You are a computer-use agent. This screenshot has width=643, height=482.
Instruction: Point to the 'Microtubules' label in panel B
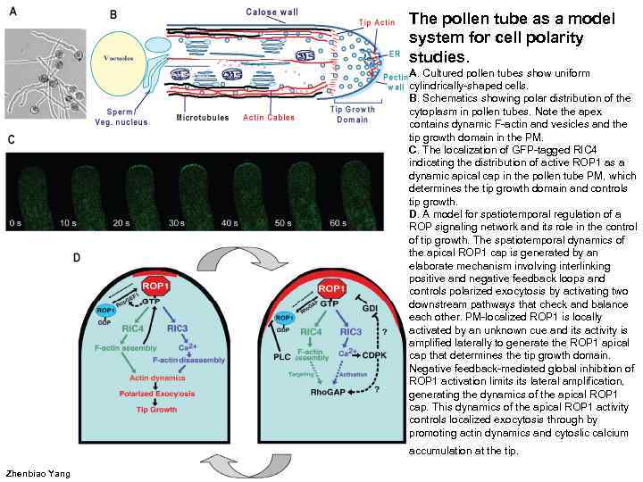pyautogui.click(x=203, y=117)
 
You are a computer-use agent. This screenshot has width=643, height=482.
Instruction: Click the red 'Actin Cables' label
pyautogui.click(x=271, y=117)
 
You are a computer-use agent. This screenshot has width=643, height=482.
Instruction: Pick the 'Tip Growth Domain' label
pyautogui.click(x=354, y=114)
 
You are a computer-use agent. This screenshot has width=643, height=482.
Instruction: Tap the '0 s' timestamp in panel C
pyautogui.click(x=15, y=221)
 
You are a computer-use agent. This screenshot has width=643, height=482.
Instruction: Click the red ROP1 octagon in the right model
pyautogui.click(x=331, y=290)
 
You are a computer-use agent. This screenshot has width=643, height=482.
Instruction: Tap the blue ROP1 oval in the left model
pyautogui.click(x=105, y=311)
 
